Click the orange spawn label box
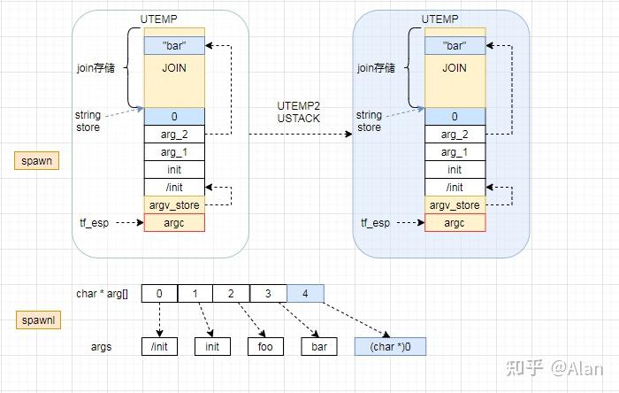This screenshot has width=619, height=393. point(36,162)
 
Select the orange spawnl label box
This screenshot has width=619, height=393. point(37,319)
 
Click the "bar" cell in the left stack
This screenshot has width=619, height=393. point(174,45)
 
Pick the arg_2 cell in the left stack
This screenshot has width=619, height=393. point(174,134)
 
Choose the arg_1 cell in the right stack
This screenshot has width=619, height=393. point(454,151)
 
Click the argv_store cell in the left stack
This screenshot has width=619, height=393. point(174,204)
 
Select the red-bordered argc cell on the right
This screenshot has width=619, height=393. point(454,222)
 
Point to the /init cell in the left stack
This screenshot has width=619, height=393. point(174,187)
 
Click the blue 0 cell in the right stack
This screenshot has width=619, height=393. point(454,116)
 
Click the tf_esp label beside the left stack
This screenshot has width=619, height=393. point(94,223)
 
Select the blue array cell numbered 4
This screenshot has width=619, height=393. point(305,293)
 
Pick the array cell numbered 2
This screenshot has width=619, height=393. point(232,293)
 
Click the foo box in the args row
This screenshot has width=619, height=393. point(265,347)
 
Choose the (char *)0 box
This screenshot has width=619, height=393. point(389,347)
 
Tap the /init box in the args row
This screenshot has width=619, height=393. point(159,347)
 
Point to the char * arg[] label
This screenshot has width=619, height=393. point(102,294)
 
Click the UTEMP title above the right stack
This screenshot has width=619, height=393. point(439,18)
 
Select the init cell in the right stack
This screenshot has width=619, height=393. point(454,169)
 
